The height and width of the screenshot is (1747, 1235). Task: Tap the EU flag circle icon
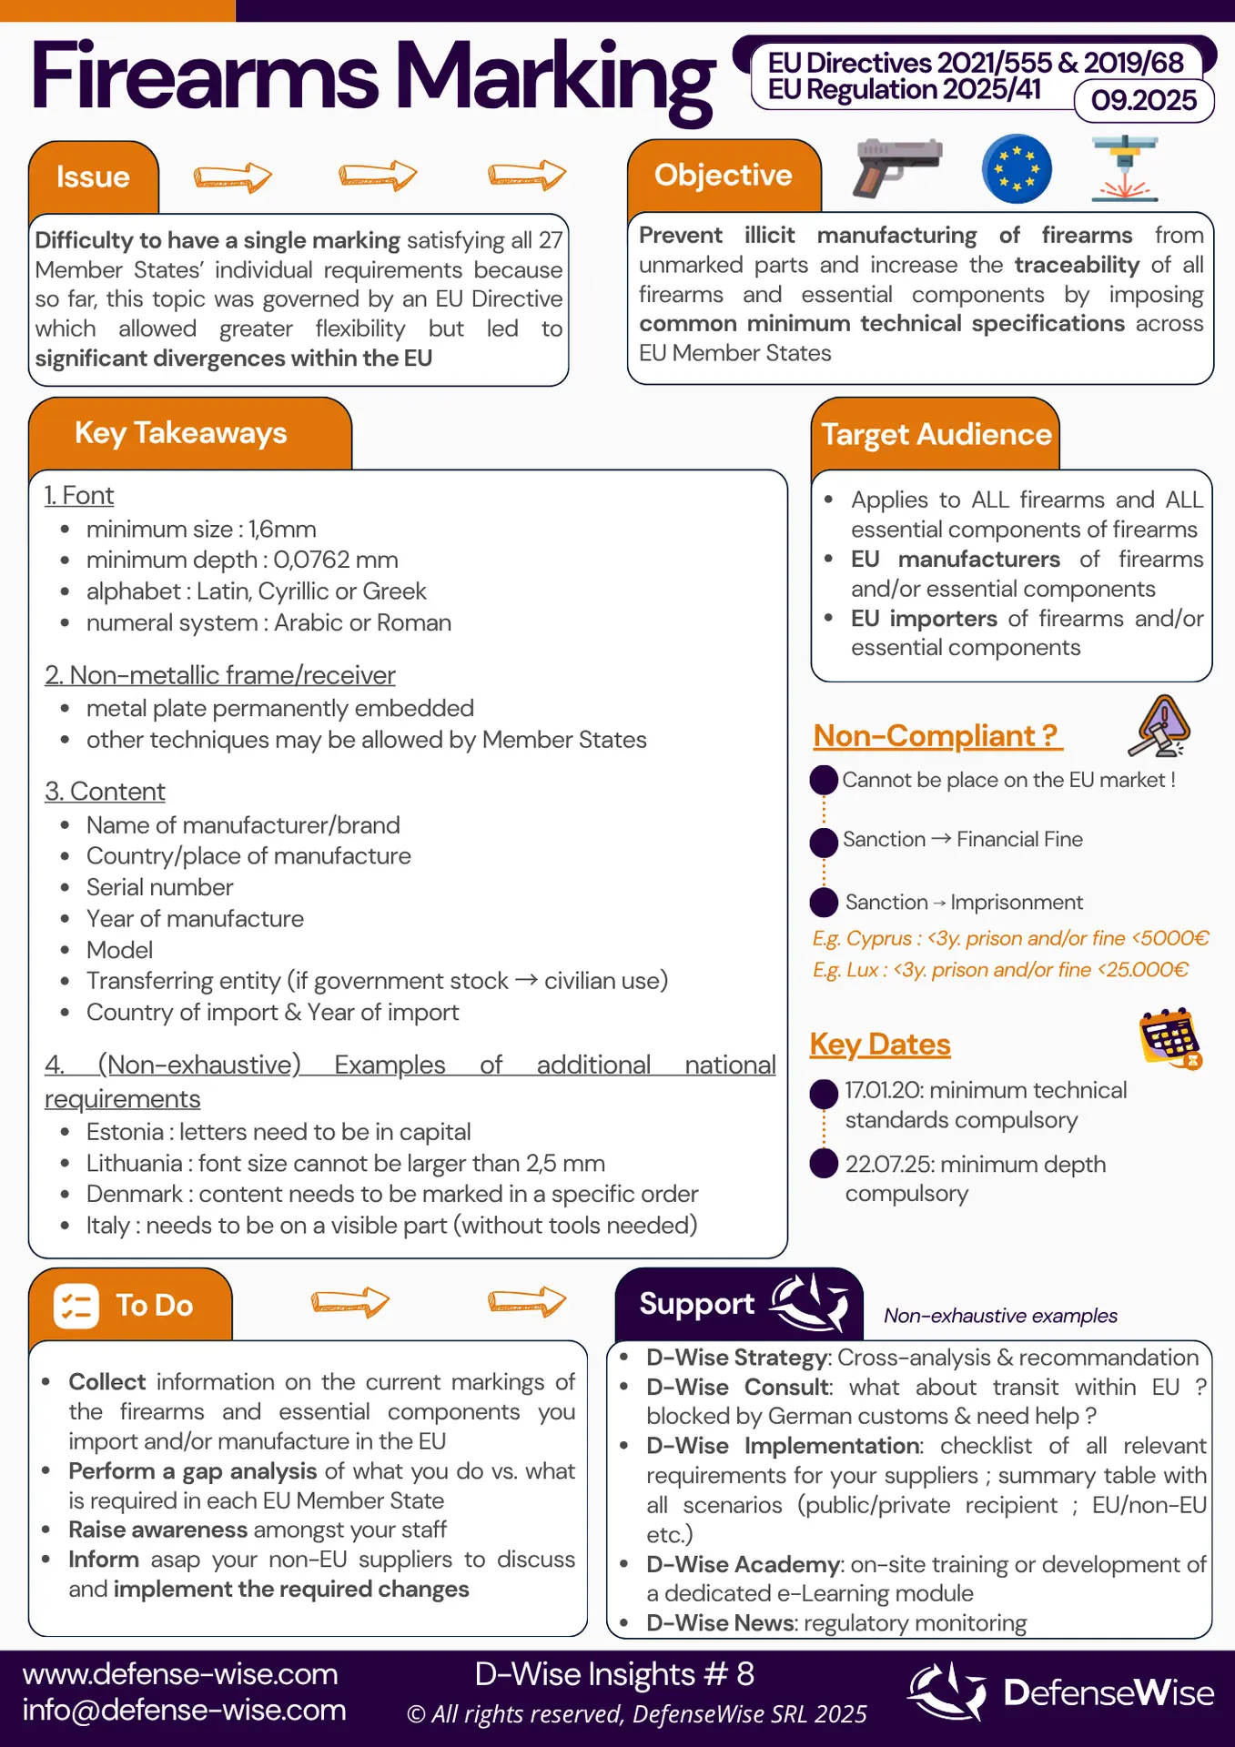pyautogui.click(x=1017, y=168)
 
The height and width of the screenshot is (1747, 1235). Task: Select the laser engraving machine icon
pyautogui.click(x=1125, y=168)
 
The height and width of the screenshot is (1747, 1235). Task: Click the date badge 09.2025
pyautogui.click(x=1144, y=100)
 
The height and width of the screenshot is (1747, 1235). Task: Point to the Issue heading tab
pyautogui.click(x=93, y=177)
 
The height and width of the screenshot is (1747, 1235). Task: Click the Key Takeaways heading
pyautogui.click(x=180, y=433)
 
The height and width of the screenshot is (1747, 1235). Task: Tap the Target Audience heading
pyautogui.click(x=936, y=435)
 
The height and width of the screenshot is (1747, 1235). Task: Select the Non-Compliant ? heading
pyautogui.click(x=936, y=735)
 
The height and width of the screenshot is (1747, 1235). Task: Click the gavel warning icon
pyautogui.click(x=1159, y=726)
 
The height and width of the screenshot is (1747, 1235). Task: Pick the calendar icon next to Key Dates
pyautogui.click(x=1170, y=1038)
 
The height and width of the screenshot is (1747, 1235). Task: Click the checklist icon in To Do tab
pyautogui.click(x=76, y=1306)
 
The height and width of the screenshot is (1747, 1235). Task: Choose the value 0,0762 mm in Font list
pyautogui.click(x=336, y=560)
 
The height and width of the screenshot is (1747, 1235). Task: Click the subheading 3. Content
pyautogui.click(x=105, y=792)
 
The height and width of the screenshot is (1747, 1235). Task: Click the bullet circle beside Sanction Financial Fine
pyautogui.click(x=824, y=842)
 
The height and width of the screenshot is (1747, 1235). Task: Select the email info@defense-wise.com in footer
pyautogui.click(x=184, y=1710)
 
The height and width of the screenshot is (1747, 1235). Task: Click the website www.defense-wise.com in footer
pyautogui.click(x=180, y=1674)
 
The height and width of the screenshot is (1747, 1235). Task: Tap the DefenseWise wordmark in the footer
pyautogui.click(x=1108, y=1692)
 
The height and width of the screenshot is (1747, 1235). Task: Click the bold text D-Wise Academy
pyautogui.click(x=743, y=1564)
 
